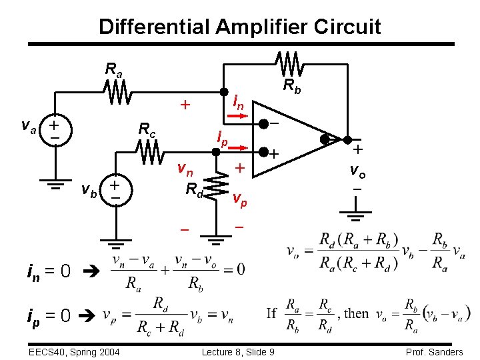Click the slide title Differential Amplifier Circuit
coord(240,27)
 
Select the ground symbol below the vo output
coord(357,215)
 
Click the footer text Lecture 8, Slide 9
coord(240,351)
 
